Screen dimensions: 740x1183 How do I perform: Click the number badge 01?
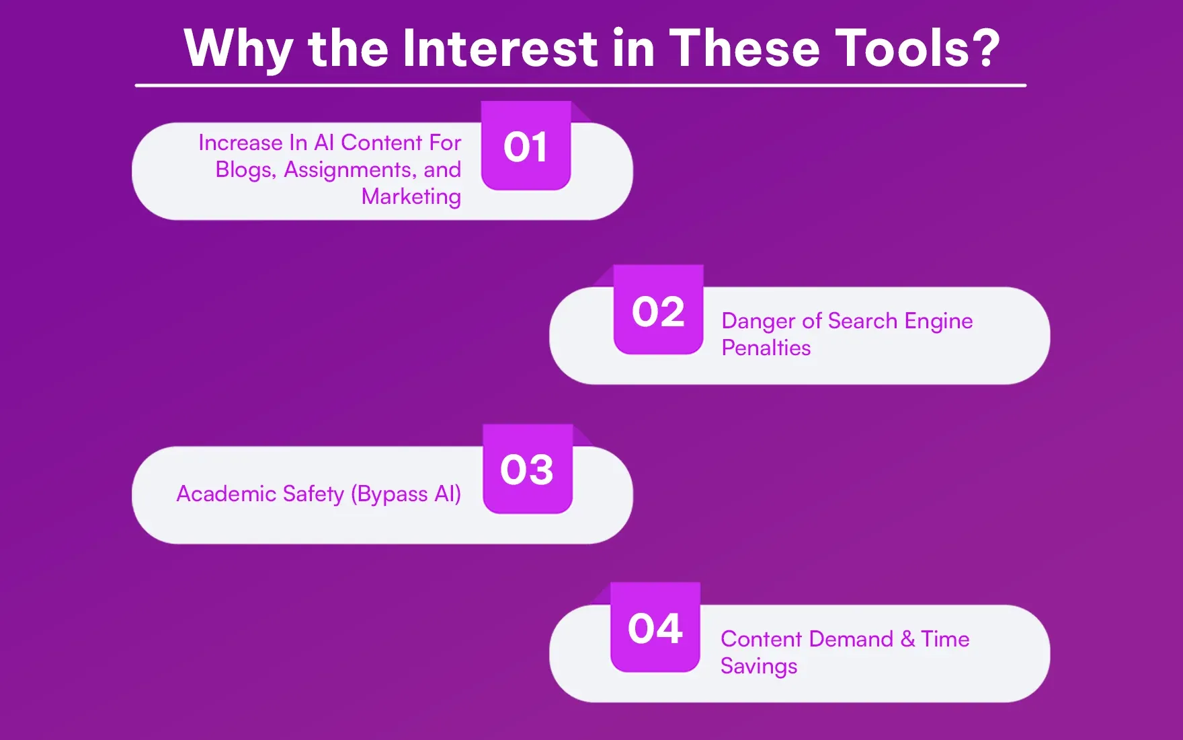[526, 146]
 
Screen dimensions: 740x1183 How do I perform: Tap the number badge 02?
[658, 310]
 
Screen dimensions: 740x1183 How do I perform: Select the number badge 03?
[527, 469]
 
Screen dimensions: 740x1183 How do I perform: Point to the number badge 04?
[655, 628]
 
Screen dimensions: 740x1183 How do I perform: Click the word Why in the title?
[238, 49]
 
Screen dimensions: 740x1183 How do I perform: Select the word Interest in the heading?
[500, 48]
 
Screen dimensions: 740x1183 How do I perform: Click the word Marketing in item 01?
[411, 196]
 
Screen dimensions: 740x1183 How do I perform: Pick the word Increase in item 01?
[240, 143]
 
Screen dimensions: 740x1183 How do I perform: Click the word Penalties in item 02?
[766, 348]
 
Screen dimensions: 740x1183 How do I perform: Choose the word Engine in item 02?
[938, 322]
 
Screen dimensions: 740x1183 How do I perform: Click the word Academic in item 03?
[226, 494]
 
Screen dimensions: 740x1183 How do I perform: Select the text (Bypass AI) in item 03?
[406, 494]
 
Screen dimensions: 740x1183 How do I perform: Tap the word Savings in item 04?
[758, 666]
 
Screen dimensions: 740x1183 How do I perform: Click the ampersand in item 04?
[907, 639]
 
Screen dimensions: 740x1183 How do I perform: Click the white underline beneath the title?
[580, 85]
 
